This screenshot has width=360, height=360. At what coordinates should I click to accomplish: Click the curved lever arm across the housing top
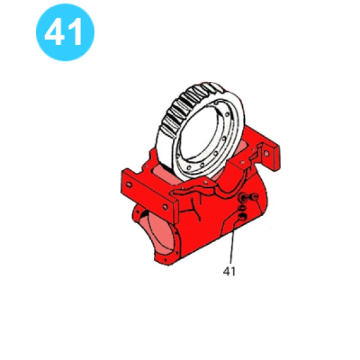coord(196,191)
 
